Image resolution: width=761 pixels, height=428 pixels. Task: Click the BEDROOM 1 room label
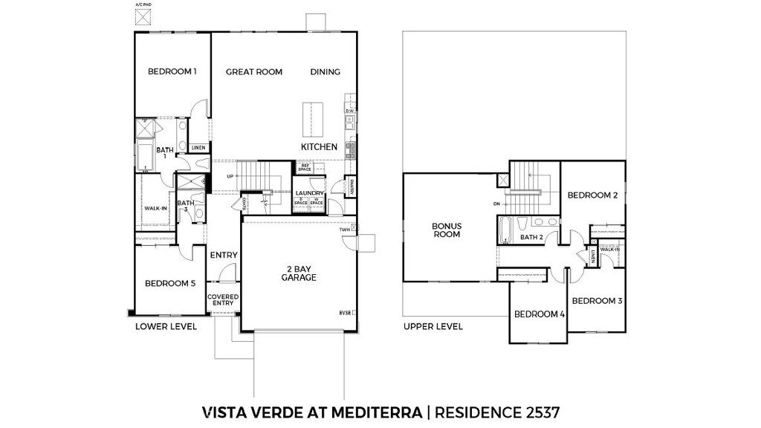pyautogui.click(x=172, y=72)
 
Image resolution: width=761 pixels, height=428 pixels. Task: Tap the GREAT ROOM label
pyautogui.click(x=254, y=72)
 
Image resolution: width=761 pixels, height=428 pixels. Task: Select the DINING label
pyautogui.click(x=325, y=72)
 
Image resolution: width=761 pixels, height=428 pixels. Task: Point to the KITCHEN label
pyautogui.click(x=319, y=147)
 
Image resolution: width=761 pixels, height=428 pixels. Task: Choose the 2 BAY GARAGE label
pyautogui.click(x=299, y=273)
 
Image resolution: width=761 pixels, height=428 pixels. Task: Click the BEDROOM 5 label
pyautogui.click(x=170, y=283)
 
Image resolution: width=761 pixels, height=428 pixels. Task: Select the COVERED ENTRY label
pyautogui.click(x=223, y=300)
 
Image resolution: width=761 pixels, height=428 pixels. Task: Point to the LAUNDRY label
pyautogui.click(x=310, y=193)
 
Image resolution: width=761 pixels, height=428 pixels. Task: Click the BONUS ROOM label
pyautogui.click(x=447, y=230)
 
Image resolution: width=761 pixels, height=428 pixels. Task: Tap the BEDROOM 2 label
pyautogui.click(x=593, y=195)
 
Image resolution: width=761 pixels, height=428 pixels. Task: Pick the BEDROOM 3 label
pyautogui.click(x=597, y=301)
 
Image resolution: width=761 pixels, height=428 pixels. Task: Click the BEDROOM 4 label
pyautogui.click(x=540, y=314)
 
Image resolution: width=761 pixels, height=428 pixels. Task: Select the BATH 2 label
pyautogui.click(x=533, y=238)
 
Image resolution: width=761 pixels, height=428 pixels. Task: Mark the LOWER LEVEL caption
pyautogui.click(x=166, y=326)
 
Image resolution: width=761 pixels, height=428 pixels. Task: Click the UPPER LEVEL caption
pyautogui.click(x=433, y=326)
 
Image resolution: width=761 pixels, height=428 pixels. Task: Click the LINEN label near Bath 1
pyautogui.click(x=198, y=148)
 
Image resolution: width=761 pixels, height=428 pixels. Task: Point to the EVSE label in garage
pyautogui.click(x=345, y=313)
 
